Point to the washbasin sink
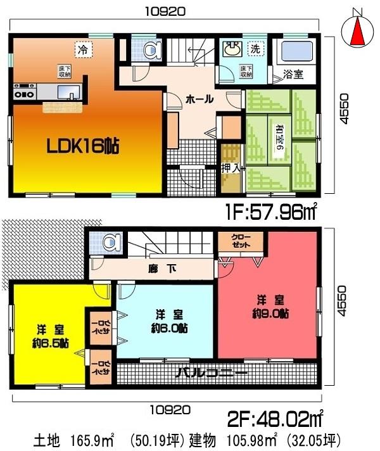pyautogui.click(x=231, y=49)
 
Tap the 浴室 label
pyautogui.click(x=293, y=73)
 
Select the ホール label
pyautogui.click(x=199, y=99)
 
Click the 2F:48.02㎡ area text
pyautogui.click(x=275, y=419)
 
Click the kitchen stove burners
pyautogui.click(x=25, y=94)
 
